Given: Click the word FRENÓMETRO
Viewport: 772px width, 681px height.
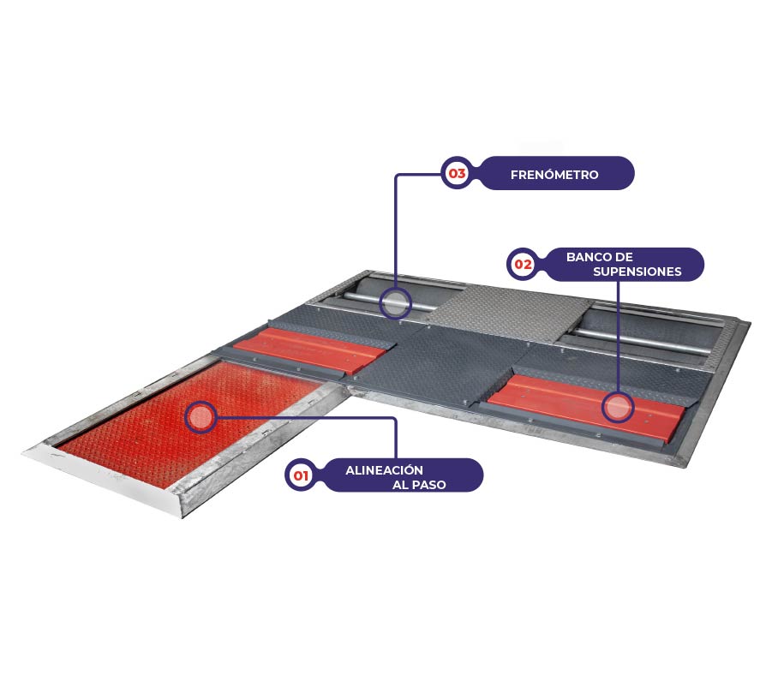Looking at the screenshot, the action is [554, 175].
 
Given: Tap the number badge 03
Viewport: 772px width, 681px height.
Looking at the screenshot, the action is [457, 173].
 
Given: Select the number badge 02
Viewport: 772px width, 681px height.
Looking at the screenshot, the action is [523, 264].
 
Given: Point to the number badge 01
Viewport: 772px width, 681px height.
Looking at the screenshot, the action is [301, 475].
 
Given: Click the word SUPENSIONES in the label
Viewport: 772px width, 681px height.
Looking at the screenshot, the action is [637, 272].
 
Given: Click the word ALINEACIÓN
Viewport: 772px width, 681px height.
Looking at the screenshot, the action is [384, 470].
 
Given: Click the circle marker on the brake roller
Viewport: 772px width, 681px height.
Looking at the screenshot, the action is [395, 302].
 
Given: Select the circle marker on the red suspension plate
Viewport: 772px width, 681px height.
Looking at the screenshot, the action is [618, 407].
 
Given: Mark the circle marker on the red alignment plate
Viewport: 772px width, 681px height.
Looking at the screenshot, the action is [200, 417].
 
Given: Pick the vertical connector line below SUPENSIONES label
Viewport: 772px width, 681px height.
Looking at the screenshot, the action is [619, 337].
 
